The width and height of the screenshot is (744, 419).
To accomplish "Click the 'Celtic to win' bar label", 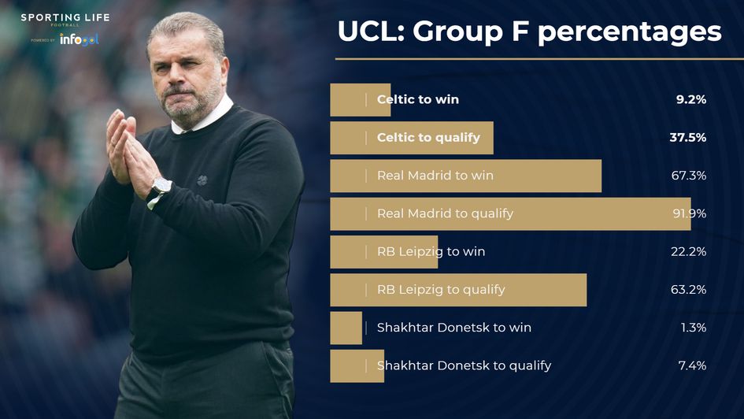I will pyautogui.click(x=417, y=100).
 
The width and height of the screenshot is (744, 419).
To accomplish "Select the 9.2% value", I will pyautogui.click(x=690, y=100).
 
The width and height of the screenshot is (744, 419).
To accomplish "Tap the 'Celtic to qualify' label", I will pyautogui.click(x=428, y=138).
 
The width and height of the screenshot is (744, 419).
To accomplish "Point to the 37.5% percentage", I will pyautogui.click(x=687, y=138).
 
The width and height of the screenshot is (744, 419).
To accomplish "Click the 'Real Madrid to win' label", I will pyautogui.click(x=435, y=176).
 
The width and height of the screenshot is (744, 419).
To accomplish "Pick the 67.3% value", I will pyautogui.click(x=688, y=176).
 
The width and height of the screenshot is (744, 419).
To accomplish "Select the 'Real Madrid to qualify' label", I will pyautogui.click(x=445, y=213).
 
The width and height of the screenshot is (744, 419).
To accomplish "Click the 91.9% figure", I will pyautogui.click(x=688, y=213).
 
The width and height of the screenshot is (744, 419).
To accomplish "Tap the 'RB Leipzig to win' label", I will pyautogui.click(x=431, y=252).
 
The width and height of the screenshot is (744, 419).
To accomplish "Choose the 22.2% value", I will pyautogui.click(x=688, y=252).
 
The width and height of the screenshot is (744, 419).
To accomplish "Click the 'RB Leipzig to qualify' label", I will pyautogui.click(x=441, y=290).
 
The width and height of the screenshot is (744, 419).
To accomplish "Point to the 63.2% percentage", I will pyautogui.click(x=688, y=290).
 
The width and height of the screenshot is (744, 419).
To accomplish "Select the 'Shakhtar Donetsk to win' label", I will pyautogui.click(x=453, y=328).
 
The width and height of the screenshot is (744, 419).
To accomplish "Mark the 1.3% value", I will pyautogui.click(x=693, y=328).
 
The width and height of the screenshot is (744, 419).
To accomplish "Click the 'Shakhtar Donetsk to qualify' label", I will pyautogui.click(x=464, y=365).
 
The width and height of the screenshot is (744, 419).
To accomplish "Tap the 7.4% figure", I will pyautogui.click(x=691, y=365).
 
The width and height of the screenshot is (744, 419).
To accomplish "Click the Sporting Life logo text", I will pyautogui.click(x=65, y=18).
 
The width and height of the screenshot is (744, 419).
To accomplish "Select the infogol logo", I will pyautogui.click(x=79, y=39).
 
